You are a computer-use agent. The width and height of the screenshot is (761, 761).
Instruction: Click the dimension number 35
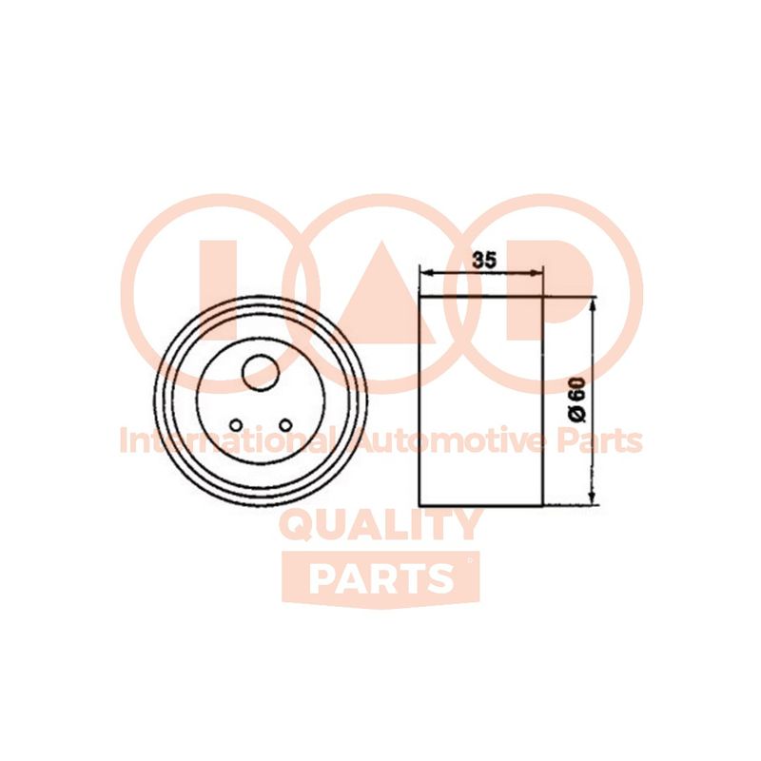(485, 260)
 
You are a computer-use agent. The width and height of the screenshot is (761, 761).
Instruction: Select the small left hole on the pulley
(236, 425)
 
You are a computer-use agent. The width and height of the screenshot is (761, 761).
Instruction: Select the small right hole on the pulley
(285, 425)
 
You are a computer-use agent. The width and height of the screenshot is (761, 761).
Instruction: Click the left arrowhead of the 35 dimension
(425, 273)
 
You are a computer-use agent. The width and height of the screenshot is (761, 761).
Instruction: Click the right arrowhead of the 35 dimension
(535, 273)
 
